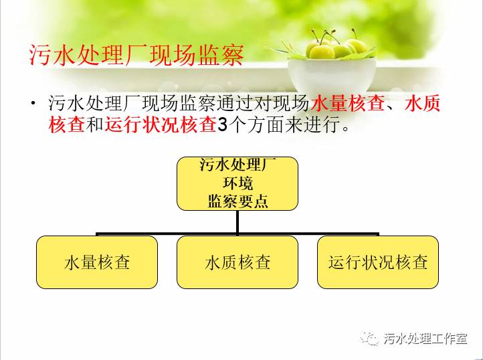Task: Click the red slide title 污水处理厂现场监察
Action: point(136,55)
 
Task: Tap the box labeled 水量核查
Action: point(97,262)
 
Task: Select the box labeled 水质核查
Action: point(237,262)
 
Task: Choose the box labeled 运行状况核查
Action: point(378,262)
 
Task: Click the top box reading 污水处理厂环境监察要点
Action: point(237,184)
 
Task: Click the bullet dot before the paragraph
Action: point(33,102)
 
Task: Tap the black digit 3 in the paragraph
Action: point(222,125)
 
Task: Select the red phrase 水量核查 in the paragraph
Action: point(348,103)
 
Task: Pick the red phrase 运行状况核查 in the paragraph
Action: point(160,125)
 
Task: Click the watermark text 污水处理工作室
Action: point(425,339)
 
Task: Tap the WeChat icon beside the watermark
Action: point(370,339)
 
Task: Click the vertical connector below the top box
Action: point(237,223)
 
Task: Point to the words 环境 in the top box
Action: point(237,184)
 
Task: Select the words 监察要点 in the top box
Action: point(237,202)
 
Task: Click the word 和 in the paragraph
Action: point(94,125)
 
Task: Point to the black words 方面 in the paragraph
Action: point(266,125)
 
